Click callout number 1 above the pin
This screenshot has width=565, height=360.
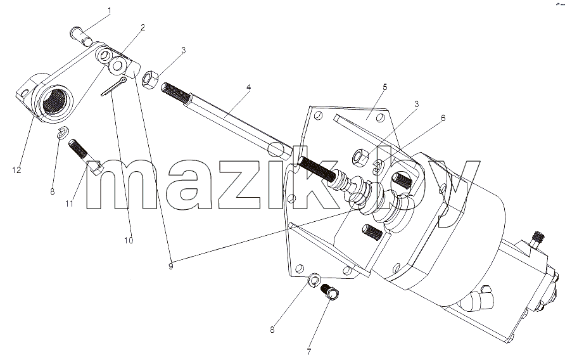pyautogui.click(x=110, y=11)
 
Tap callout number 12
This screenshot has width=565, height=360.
pyautogui.click(x=16, y=170)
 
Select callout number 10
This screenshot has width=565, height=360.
pyautogui.click(x=129, y=240)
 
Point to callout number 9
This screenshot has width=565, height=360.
pyautogui.click(x=170, y=267)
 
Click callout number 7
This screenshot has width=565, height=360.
pyautogui.click(x=309, y=351)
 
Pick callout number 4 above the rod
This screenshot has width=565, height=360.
pyautogui.click(x=249, y=87)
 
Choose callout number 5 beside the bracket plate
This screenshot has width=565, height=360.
pyautogui.click(x=385, y=87)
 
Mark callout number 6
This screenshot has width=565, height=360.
pyautogui.click(x=443, y=118)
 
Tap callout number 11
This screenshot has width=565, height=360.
pyautogui.click(x=69, y=204)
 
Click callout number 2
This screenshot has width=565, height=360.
pyautogui.click(x=143, y=27)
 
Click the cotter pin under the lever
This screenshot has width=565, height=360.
pyautogui.click(x=113, y=87)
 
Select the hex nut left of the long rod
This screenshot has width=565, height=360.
pyautogui.click(x=149, y=80)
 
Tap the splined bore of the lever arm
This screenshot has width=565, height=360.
pyautogui.click(x=54, y=101)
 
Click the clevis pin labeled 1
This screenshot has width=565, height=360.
pyautogui.click(x=81, y=37)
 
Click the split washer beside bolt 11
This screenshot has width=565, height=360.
pyautogui.click(x=63, y=132)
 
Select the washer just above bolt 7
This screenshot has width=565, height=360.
pyautogui.click(x=315, y=280)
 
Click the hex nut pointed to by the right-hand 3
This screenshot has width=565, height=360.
pyautogui.click(x=360, y=157)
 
